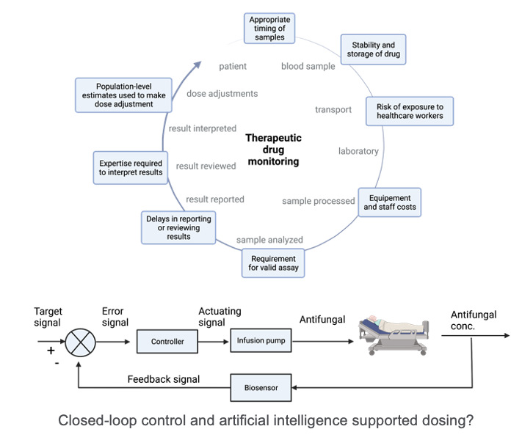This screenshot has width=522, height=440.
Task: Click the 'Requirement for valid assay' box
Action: pyautogui.click(x=273, y=264)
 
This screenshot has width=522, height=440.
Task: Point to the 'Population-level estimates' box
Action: pyautogui.click(x=123, y=94)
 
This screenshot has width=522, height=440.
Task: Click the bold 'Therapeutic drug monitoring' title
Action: pyautogui.click(x=273, y=149)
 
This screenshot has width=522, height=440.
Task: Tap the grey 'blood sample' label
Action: pyautogui.click(x=308, y=67)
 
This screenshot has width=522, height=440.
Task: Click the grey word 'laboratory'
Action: pyautogui.click(x=358, y=151)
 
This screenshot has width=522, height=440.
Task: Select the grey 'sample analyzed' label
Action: pyautogui.click(x=269, y=240)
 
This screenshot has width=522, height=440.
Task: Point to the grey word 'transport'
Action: pyautogui.click(x=333, y=110)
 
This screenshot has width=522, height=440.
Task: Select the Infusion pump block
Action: pyautogui.click(x=259, y=341)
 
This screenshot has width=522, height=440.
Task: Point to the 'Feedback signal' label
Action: pyautogui.click(x=163, y=379)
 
